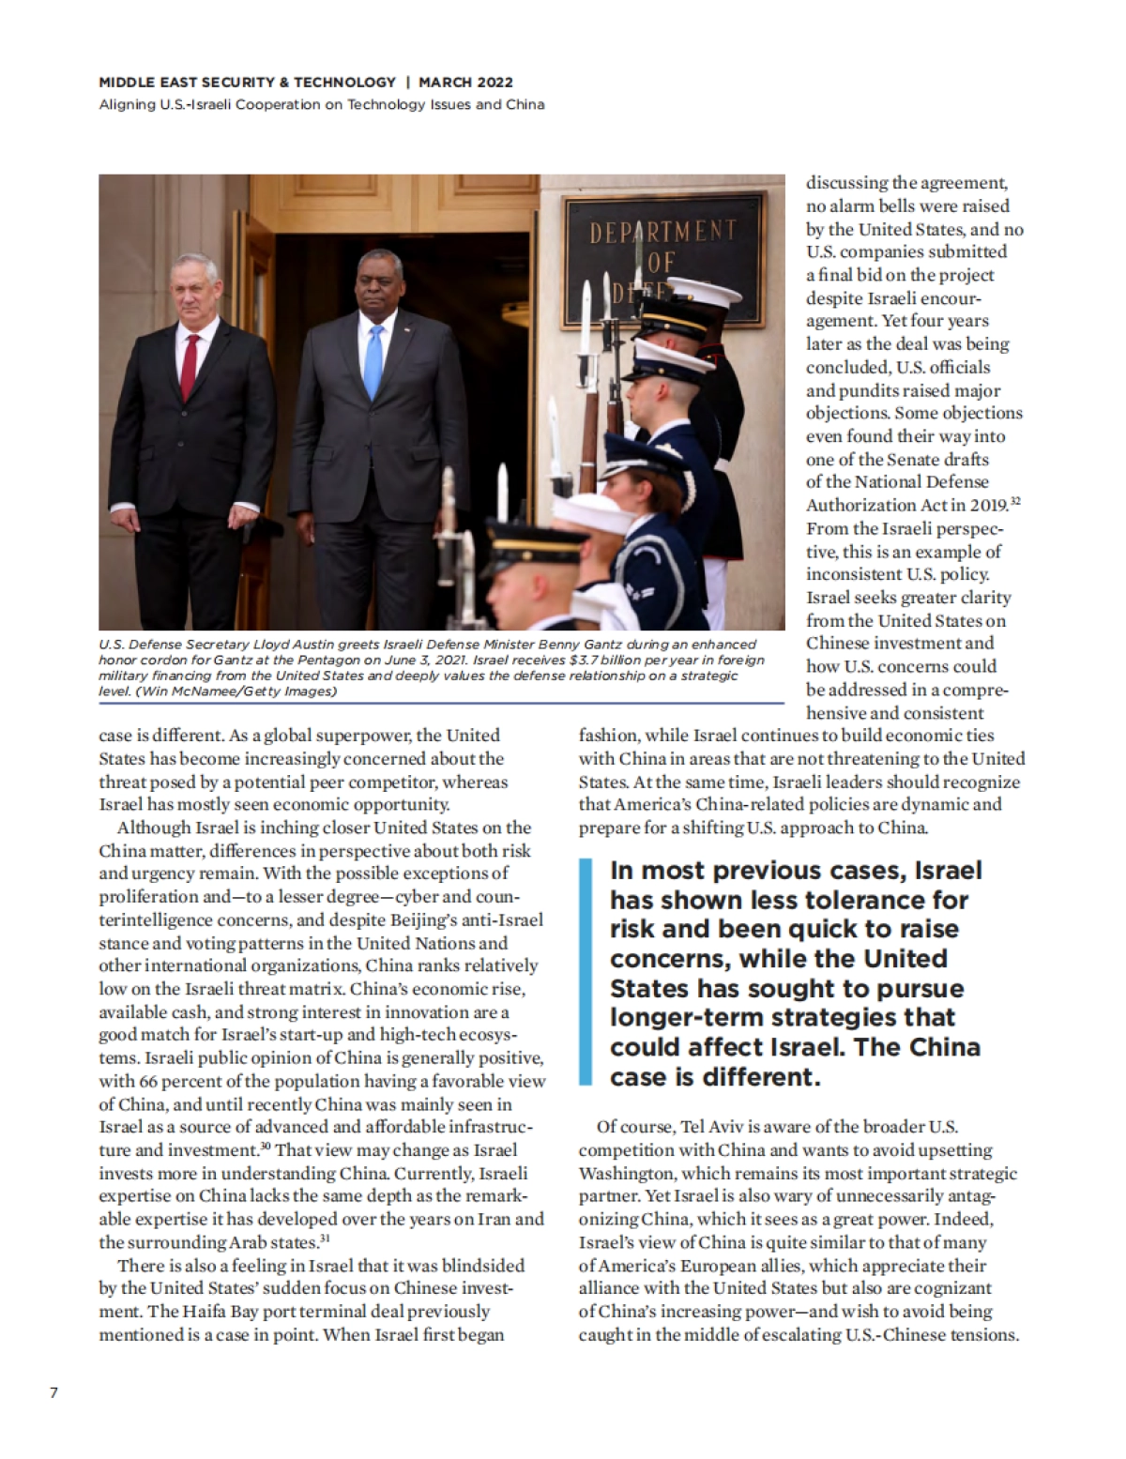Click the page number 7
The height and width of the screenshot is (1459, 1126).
53,1392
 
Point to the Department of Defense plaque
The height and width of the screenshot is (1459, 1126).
662,258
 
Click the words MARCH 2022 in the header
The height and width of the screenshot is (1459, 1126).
466,83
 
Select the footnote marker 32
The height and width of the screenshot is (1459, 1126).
1015,502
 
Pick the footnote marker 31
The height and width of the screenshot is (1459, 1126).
324,1239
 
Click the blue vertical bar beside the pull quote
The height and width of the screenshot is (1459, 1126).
586,972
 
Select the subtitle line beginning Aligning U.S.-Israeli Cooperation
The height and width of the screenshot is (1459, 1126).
322,104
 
